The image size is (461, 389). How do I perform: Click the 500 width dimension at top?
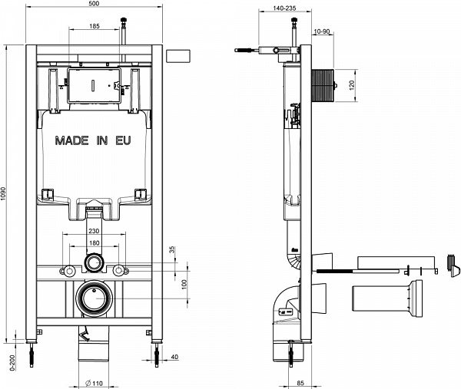94,5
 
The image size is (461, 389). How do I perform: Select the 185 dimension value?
94,27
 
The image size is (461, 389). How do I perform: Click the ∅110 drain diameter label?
95,382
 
